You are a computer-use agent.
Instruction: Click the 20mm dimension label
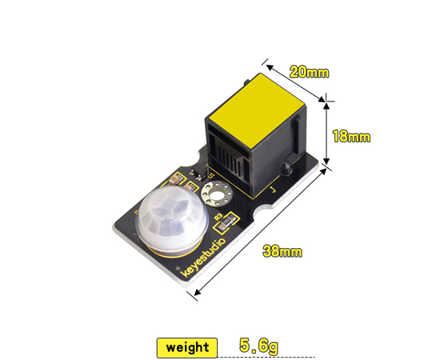[308, 73]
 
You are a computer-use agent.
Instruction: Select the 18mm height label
[350, 137]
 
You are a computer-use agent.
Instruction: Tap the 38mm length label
[282, 252]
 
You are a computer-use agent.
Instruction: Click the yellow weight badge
[188, 347]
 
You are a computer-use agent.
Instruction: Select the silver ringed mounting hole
[215, 193]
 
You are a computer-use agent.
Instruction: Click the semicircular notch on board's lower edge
[262, 213]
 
